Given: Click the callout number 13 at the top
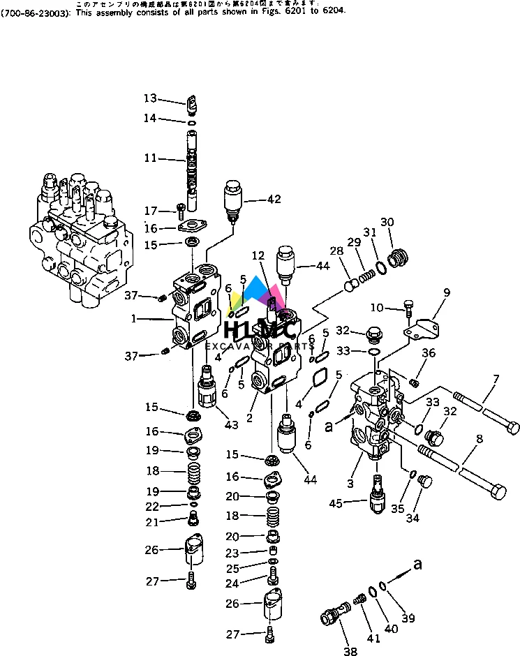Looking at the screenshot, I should click(151, 98).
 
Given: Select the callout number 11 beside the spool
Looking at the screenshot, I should click(151, 158).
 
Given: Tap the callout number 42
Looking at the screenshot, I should click(274, 200).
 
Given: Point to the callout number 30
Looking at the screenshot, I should click(387, 223).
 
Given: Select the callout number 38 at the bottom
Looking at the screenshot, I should click(350, 652).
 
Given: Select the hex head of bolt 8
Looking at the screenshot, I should click(498, 492).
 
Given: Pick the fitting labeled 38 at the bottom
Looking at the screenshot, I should click(332, 617).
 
